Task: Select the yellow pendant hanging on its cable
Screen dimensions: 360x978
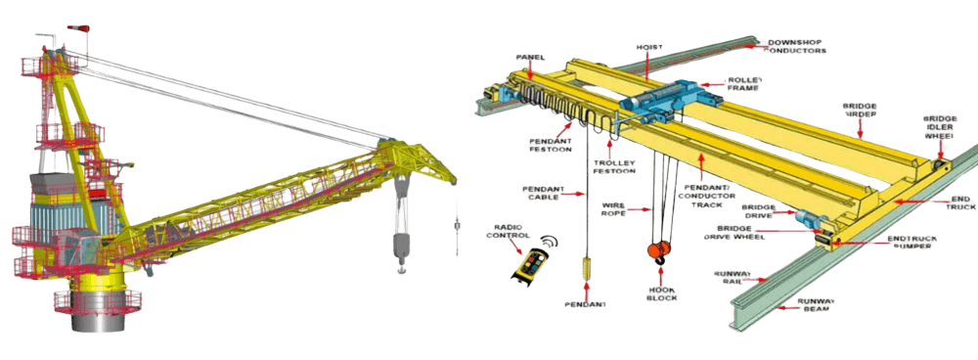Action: [586, 265]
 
